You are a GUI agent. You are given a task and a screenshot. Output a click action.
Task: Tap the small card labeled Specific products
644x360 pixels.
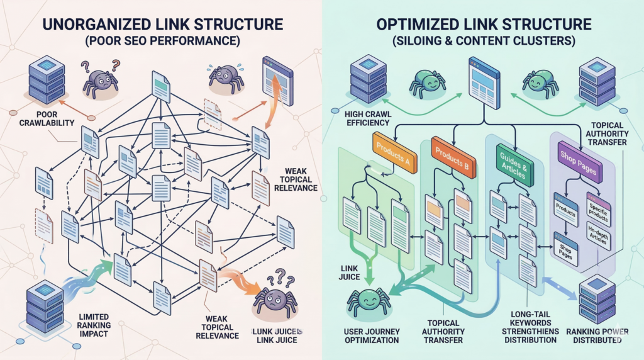point(597,208)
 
